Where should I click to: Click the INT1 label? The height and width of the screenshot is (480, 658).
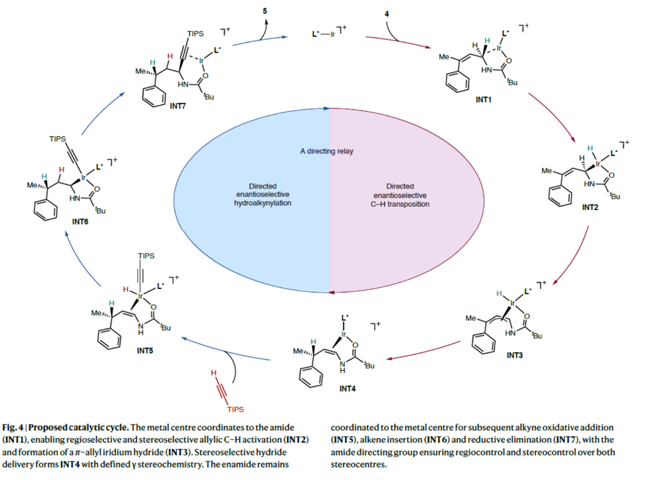tap(483, 100)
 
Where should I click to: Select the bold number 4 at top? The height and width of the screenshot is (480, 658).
tap(386, 13)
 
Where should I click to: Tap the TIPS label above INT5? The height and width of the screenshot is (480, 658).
tap(146, 256)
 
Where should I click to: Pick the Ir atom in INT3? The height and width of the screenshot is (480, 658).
tap(512, 303)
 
